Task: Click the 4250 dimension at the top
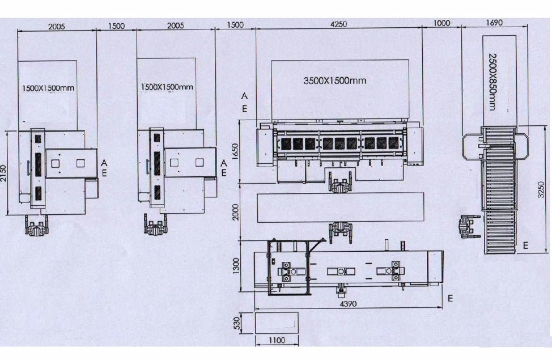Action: [339, 24]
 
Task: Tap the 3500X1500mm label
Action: [335, 81]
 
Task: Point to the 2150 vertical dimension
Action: [4, 173]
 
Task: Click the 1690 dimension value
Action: [494, 23]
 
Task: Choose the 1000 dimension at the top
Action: [441, 23]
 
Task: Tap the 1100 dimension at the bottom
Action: [277, 340]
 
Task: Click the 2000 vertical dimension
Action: [236, 211]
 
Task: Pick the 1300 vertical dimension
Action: [236, 265]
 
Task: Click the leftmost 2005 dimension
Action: [57, 27]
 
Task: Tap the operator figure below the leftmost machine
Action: [36, 226]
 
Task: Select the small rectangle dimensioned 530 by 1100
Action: [277, 323]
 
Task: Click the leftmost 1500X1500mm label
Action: [48, 88]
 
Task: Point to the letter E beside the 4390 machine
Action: [450, 298]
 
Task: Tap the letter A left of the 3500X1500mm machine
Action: [244, 96]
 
